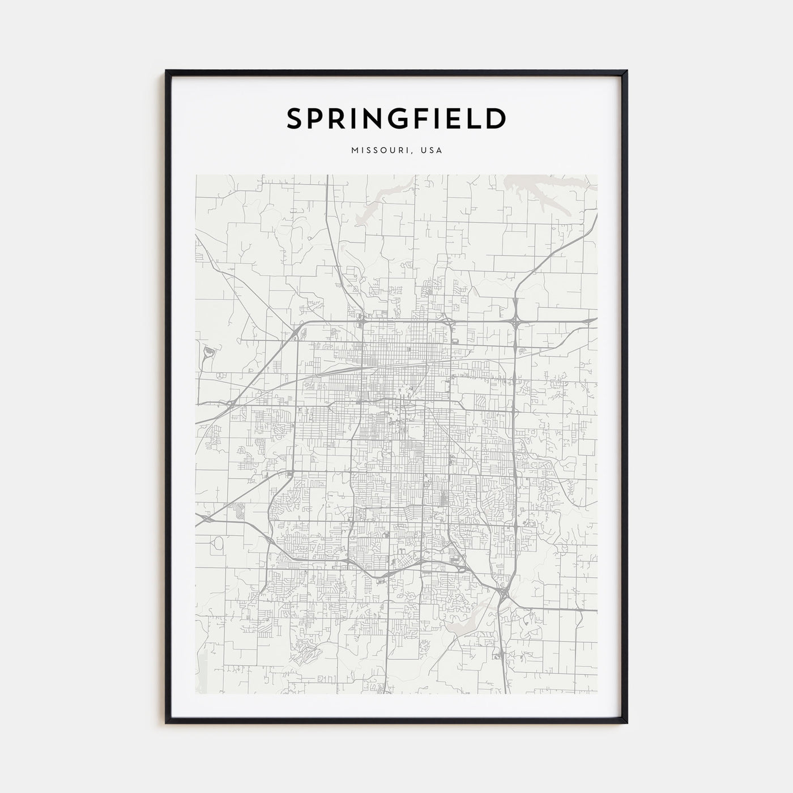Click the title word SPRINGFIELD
pos(396,119)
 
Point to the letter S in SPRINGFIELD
pos(295,119)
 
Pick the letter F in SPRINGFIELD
pos(412,119)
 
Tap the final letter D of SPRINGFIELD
pos(496,119)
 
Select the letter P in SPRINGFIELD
pos(317,119)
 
